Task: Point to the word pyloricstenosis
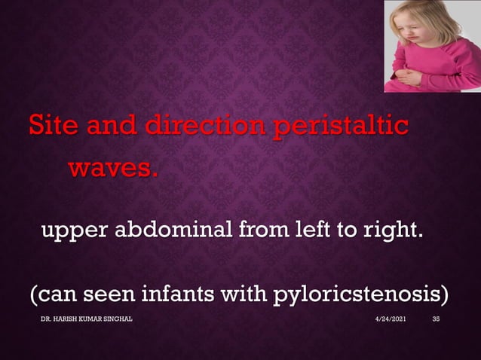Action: point(374,294)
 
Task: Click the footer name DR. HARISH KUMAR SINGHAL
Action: point(87,320)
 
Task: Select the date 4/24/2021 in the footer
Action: point(391,320)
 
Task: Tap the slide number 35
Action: point(436,320)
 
